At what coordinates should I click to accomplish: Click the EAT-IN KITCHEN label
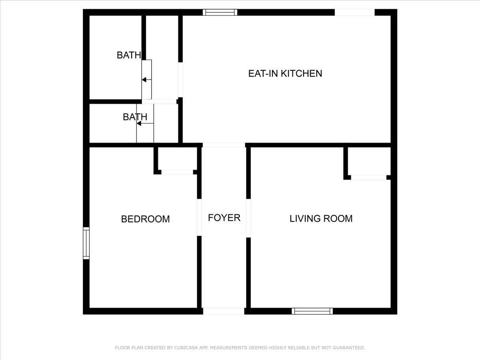point(285,74)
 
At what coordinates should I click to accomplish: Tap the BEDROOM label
point(146,219)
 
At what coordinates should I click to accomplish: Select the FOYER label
point(224,218)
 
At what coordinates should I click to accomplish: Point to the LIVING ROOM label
point(321,218)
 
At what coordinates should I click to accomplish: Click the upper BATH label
point(129,55)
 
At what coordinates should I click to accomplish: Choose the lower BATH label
point(135,117)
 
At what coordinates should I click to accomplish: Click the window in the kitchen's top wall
point(220,12)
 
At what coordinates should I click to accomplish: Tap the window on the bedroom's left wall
point(86,243)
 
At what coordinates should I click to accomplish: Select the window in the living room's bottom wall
point(312,311)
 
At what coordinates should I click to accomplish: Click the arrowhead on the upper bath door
point(144,80)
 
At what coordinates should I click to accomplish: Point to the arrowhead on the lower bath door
point(139,124)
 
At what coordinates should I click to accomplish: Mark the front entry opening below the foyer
point(224,311)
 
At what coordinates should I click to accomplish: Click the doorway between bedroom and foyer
point(199,217)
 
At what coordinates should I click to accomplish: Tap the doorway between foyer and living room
point(248,218)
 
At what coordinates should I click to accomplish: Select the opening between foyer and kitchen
point(224,145)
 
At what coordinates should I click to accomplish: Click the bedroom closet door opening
point(177,172)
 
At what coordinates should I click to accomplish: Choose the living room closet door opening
point(369,177)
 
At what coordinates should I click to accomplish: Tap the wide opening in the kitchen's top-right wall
point(355,12)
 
